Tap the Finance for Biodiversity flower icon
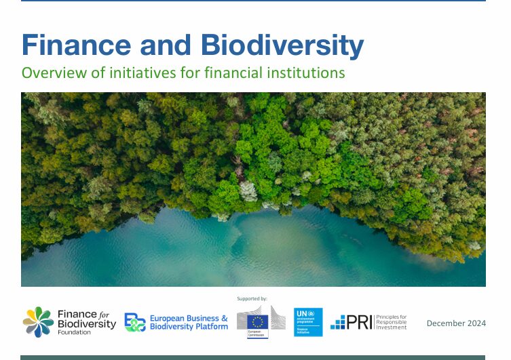(38, 321)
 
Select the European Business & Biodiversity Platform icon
(134, 322)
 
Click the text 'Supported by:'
(252, 298)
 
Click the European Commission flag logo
(258, 321)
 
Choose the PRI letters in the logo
(358, 323)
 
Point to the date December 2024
(456, 323)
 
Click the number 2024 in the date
(476, 323)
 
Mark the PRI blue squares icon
(338, 323)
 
